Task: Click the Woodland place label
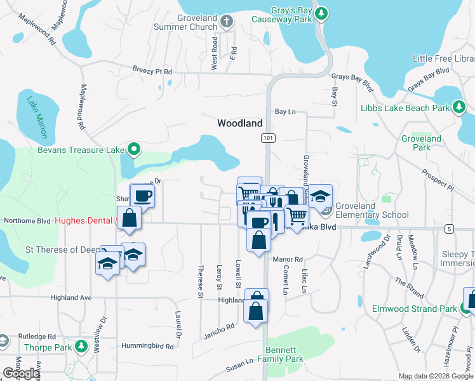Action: point(240,123)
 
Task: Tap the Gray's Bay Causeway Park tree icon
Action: point(321,13)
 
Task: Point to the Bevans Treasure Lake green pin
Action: point(133,149)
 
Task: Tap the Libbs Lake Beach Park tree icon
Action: point(458,107)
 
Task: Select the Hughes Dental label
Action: point(83,221)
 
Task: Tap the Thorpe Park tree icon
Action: point(81,347)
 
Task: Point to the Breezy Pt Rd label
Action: point(152,71)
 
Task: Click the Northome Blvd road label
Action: point(27,221)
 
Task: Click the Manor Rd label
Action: point(288,260)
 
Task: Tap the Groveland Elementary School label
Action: point(371,211)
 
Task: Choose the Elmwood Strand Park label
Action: point(414,309)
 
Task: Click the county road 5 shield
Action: point(450,229)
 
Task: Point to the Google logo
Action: point(20,373)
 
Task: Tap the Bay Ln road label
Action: point(285,112)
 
